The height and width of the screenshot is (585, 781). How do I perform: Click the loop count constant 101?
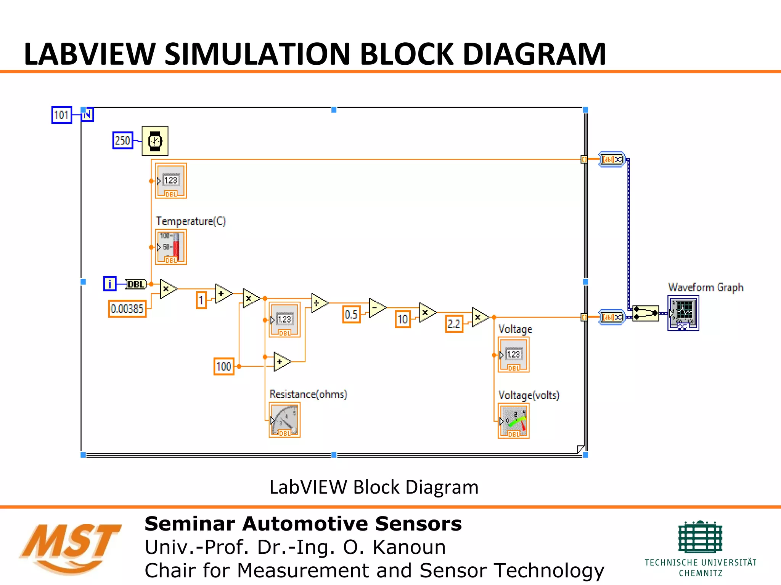tap(61, 115)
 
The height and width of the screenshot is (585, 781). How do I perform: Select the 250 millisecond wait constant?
tap(122, 140)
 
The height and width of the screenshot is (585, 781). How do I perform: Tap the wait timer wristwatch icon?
tap(155, 141)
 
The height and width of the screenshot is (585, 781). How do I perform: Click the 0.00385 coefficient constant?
tap(127, 308)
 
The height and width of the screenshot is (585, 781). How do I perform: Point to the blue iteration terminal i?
tap(109, 284)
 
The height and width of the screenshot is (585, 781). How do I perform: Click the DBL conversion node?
tap(136, 284)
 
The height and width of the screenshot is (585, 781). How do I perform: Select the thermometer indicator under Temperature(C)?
tap(171, 247)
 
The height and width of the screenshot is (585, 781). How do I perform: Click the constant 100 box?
tap(223, 366)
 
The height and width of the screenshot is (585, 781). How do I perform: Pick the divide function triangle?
tap(319, 303)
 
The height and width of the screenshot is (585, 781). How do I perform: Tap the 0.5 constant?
tap(351, 314)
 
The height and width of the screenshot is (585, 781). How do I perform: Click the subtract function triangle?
tap(376, 308)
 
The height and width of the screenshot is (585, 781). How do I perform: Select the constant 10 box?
tap(403, 319)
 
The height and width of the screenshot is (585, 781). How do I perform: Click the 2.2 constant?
tap(454, 324)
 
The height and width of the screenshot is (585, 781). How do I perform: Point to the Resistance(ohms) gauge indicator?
tap(284, 420)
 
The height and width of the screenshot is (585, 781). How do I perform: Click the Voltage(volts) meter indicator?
tap(514, 421)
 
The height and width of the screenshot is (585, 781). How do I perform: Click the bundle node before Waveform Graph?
tap(645, 313)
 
